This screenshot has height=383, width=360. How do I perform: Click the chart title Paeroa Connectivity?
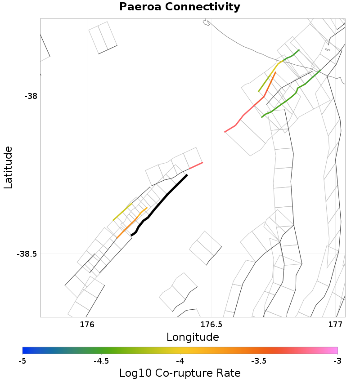coord(180,7)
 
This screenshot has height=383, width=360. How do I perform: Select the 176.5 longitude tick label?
coord(211,325)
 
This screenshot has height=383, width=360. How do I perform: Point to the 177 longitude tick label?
coord(336,325)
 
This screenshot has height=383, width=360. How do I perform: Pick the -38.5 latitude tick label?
coord(27,254)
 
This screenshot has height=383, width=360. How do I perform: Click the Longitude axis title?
coord(193,337)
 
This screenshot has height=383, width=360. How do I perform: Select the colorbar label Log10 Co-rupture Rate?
coord(180,373)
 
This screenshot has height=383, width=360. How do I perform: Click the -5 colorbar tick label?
coord(22,361)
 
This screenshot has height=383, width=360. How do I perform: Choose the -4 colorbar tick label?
coord(180,361)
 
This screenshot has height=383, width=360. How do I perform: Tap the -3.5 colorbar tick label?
coord(258,361)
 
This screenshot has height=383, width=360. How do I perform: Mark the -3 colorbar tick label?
coord(337,361)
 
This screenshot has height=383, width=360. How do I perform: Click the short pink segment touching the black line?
coord(195,166)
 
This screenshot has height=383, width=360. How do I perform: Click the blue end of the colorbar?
coord(25,351)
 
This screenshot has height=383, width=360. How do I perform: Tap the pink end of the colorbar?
coord(335,351)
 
